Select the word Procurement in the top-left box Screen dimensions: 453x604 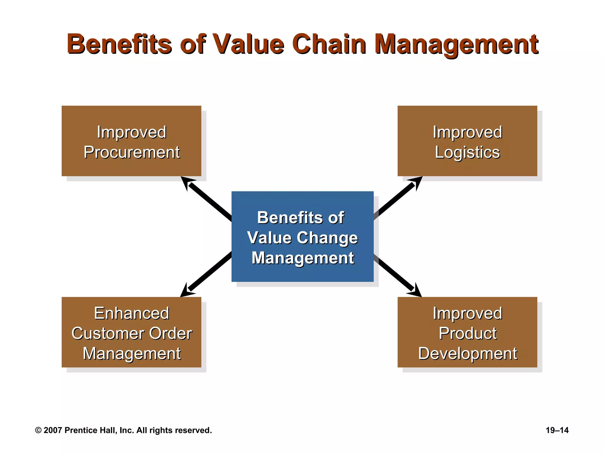(132, 152)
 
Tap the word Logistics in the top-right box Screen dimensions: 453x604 (467, 152)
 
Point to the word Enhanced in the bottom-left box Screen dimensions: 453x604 (132, 313)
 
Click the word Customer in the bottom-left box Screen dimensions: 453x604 (108, 334)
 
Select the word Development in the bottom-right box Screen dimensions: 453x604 (467, 354)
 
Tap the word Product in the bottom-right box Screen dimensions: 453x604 (467, 334)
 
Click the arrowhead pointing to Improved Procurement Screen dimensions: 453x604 (187, 182)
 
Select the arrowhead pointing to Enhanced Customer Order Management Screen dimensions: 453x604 (186, 291)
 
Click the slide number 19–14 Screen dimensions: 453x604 (557, 430)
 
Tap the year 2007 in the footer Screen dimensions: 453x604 (53, 430)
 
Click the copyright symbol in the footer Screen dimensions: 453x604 (38, 430)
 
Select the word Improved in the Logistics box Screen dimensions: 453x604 (467, 132)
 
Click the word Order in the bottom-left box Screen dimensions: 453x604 (170, 334)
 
